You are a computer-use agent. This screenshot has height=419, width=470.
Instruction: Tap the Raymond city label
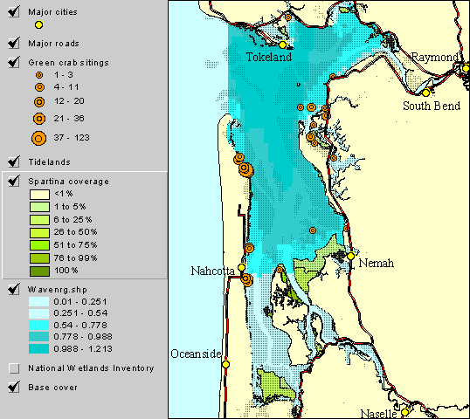[x=434, y=57]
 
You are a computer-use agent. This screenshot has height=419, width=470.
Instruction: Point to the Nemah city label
[x=376, y=263]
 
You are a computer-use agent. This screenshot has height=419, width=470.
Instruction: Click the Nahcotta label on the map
[x=213, y=271]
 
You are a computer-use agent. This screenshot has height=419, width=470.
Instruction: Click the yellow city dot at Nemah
[x=350, y=257]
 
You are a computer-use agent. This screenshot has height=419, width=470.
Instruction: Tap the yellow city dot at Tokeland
[x=283, y=45]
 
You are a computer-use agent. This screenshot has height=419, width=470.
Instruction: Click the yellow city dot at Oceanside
[x=225, y=364]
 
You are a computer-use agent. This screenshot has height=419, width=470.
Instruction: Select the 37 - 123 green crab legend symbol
[x=39, y=137]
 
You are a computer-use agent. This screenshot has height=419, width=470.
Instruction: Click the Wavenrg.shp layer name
[x=59, y=288]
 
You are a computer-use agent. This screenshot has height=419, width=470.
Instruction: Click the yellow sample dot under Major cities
[x=39, y=26]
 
